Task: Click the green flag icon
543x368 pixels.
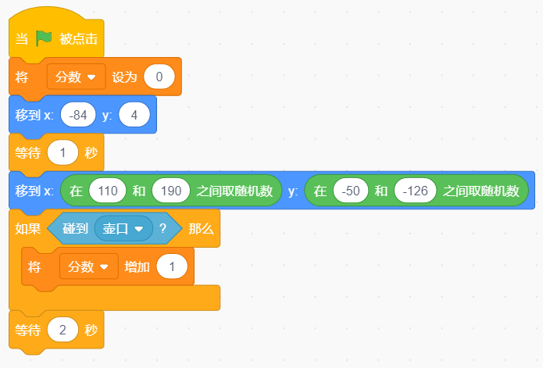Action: pos(44,38)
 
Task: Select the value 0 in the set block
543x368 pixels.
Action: pos(159,77)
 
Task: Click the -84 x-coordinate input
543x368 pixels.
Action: pos(78,115)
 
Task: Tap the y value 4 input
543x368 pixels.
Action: pos(134,115)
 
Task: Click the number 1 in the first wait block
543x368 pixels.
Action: pos(63,152)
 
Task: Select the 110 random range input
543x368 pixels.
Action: pos(108,191)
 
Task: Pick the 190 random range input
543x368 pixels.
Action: pos(171,191)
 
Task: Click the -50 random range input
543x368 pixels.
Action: pos(351,191)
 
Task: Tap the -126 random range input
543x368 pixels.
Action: pos(415,191)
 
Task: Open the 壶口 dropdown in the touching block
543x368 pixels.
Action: pos(123,228)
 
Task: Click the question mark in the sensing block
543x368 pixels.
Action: pos(163,228)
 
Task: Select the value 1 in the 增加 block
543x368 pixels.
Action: pos(172,266)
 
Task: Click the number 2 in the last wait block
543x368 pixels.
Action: pos(63,330)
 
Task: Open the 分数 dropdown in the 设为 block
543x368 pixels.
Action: pos(77,77)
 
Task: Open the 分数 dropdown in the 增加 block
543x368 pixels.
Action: pos(88,266)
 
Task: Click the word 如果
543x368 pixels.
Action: pos(28,228)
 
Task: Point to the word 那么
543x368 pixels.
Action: pos(202,228)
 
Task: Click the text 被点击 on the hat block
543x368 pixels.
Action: pos(79,38)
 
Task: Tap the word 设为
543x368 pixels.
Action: pos(124,77)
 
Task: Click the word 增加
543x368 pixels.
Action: pos(138,267)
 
